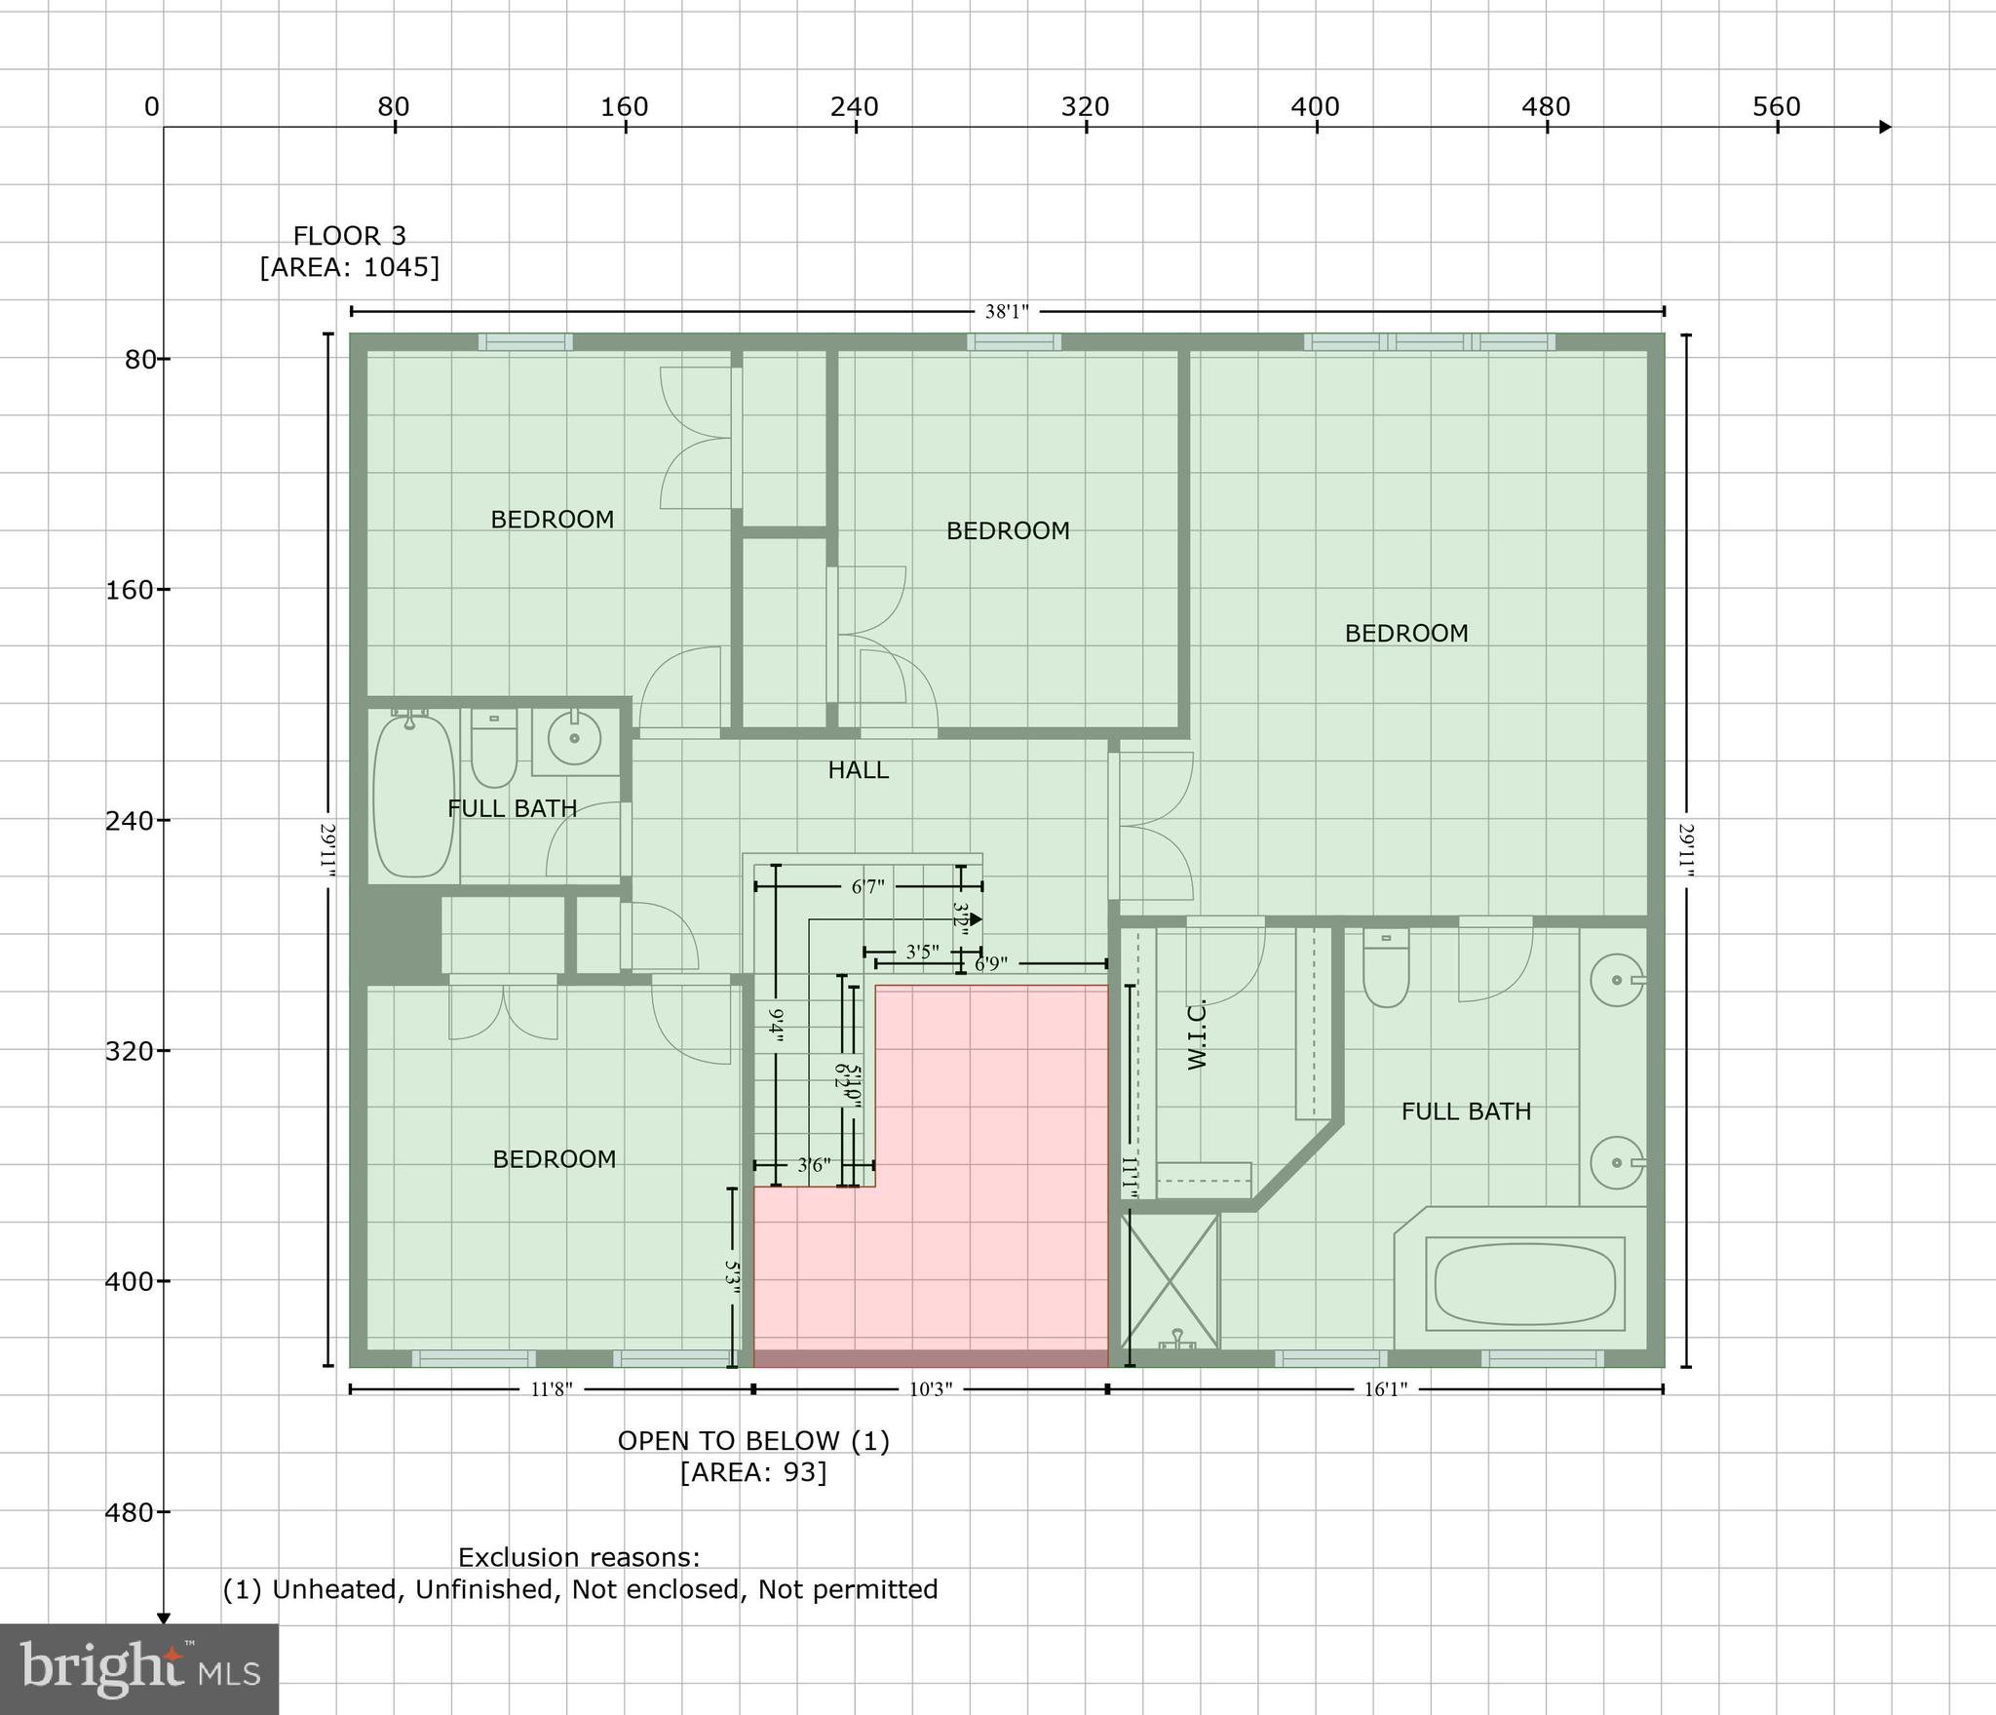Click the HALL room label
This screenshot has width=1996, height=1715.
coord(858,770)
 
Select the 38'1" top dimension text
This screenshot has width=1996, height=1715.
coord(1007,312)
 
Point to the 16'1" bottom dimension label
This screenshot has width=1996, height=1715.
coord(1385,1389)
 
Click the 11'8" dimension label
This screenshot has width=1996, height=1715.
coord(552,1389)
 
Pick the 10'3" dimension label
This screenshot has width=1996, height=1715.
coord(930,1389)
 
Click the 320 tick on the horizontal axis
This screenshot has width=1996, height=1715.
coord(1085,107)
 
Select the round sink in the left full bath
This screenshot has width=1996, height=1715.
coord(575,738)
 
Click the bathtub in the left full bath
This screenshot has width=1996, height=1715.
coord(414,795)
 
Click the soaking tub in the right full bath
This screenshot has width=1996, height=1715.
coord(1524,1284)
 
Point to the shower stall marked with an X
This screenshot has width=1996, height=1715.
coord(1170,1280)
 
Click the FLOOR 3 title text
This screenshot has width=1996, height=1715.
coord(349,236)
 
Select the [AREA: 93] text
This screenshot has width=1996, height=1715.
coord(753,1471)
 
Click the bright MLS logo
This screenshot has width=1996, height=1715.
coord(139,1668)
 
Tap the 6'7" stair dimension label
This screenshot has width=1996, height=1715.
coord(867,886)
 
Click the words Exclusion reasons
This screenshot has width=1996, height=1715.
coord(579,1557)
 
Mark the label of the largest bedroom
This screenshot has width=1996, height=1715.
coord(1405,634)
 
